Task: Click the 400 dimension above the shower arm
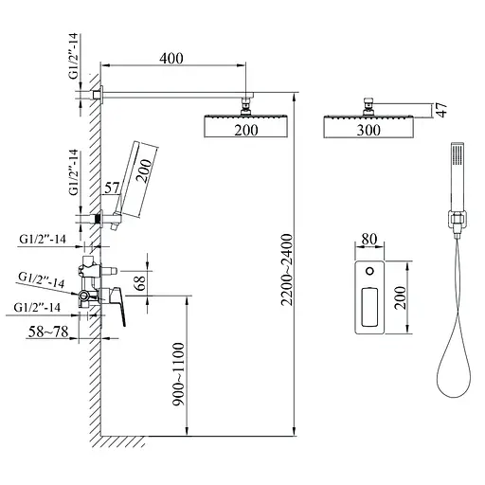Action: click(x=171, y=59)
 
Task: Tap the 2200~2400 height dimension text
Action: click(x=287, y=270)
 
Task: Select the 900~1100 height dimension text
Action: click(x=178, y=374)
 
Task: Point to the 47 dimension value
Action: click(x=443, y=110)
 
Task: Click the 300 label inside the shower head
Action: click(x=368, y=130)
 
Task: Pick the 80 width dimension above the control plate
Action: click(x=369, y=239)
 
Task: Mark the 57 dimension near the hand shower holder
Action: click(x=112, y=189)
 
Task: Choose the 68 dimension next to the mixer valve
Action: click(x=140, y=283)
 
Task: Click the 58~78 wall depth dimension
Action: click(x=48, y=332)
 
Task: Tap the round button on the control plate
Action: click(x=369, y=271)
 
